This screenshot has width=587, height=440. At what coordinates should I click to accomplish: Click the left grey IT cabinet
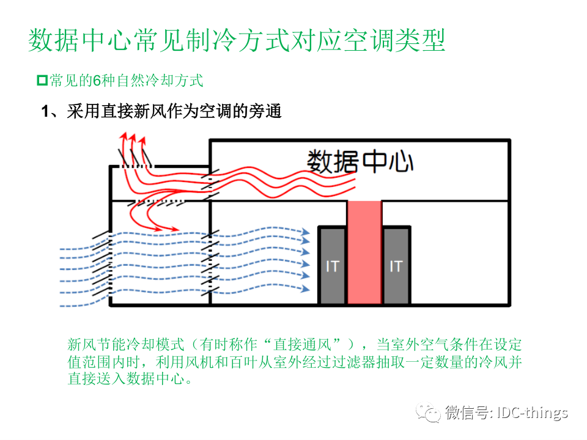333,266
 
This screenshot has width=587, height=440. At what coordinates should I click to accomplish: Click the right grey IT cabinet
396,266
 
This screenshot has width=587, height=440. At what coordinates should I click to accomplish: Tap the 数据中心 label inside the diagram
360,161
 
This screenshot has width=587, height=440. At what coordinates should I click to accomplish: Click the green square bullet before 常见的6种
42,80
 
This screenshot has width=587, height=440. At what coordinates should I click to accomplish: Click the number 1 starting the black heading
45,112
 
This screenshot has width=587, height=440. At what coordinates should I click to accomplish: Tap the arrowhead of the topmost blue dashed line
306,232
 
